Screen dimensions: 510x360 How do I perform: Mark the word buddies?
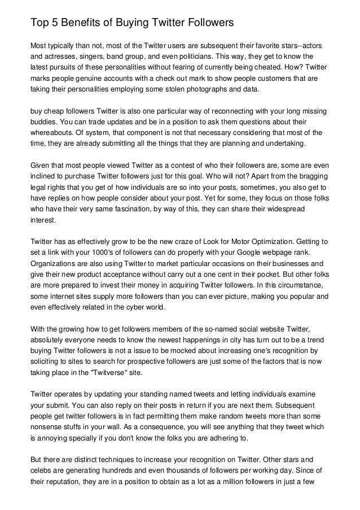coord(43,122)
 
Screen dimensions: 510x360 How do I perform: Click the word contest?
coord(155,165)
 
